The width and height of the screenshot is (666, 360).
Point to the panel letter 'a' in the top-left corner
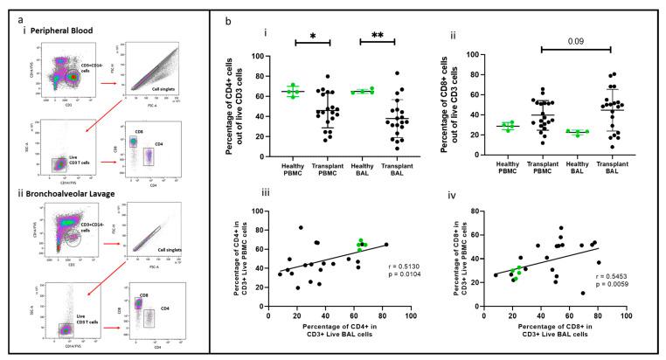8,9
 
